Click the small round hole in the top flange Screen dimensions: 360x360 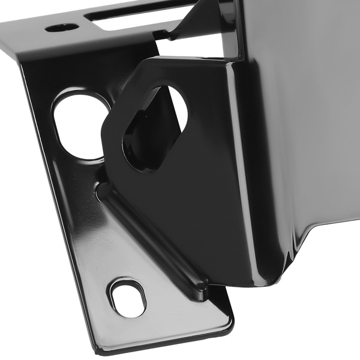tap(61, 28)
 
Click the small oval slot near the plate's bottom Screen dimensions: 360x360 tap(127, 297)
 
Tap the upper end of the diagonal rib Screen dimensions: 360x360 tap(104, 191)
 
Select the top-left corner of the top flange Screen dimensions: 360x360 tap(4, 24)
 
